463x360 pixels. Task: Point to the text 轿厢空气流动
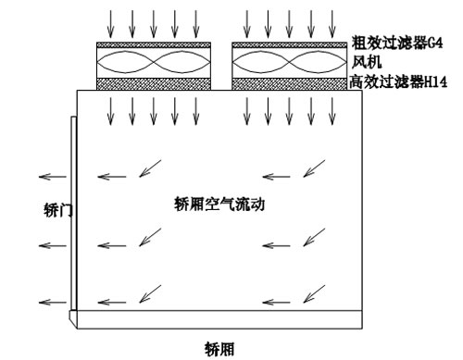(220, 205)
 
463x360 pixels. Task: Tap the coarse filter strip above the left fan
(154, 44)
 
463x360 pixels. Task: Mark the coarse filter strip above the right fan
(288, 44)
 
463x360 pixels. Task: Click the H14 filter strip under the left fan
(154, 83)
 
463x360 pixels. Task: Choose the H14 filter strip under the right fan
(288, 83)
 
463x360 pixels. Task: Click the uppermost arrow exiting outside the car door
(52, 176)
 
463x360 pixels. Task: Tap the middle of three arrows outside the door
(52, 245)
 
